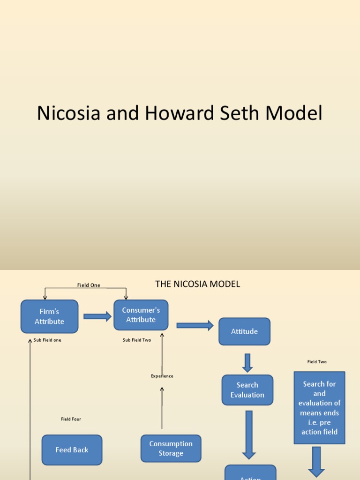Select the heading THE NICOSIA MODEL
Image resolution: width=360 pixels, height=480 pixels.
click(197, 284)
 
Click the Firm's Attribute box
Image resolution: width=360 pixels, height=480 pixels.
click(49, 316)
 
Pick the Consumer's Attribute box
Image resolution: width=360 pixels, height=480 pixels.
click(141, 315)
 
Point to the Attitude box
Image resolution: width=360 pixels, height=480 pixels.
click(244, 331)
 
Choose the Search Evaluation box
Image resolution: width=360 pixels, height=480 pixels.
click(247, 390)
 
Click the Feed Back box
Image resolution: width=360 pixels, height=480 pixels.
click(72, 450)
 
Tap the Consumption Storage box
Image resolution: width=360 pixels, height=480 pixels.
click(171, 449)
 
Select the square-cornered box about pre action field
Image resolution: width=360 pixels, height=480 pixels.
click(319, 408)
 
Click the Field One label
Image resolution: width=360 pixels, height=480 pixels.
click(89, 285)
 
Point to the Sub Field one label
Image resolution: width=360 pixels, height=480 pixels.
click(47, 340)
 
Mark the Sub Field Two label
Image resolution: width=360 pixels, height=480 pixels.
click(137, 340)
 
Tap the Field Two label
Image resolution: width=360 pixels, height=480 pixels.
click(317, 362)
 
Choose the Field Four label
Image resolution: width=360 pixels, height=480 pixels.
click(71, 419)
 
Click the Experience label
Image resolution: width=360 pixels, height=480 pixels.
click(162, 376)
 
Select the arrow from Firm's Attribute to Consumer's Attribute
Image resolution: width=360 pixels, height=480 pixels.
click(97, 316)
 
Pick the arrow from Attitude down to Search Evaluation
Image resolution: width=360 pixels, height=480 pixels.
click(247, 363)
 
